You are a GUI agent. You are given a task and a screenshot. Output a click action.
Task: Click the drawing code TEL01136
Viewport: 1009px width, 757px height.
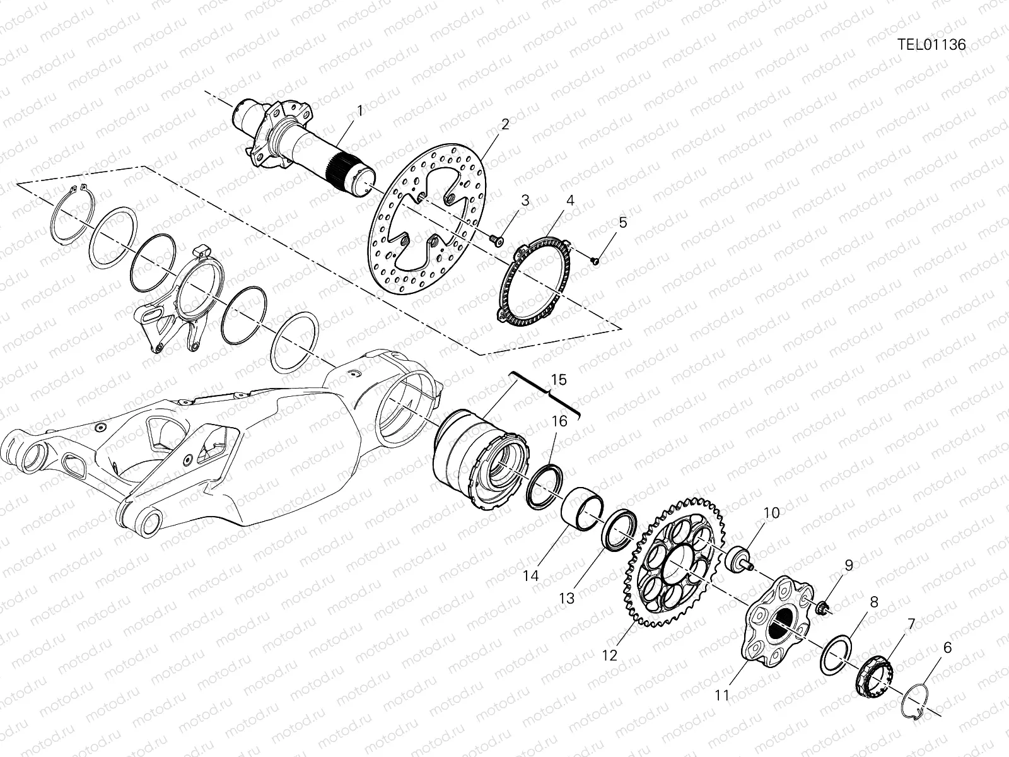point(931,45)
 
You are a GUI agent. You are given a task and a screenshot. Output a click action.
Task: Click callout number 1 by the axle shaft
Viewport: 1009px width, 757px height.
point(360,110)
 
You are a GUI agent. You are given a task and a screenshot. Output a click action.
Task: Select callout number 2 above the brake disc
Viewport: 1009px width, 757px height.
point(504,124)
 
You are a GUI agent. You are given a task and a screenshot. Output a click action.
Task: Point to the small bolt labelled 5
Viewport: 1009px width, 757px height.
point(596,260)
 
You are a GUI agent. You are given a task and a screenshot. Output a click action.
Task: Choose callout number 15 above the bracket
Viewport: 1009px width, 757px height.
point(559,380)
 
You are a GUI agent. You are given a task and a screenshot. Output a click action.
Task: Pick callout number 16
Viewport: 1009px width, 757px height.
point(559,421)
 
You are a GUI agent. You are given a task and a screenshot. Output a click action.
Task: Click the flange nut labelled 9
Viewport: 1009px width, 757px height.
point(822,608)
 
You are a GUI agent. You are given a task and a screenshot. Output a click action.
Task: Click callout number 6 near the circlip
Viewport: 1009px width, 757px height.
point(947,647)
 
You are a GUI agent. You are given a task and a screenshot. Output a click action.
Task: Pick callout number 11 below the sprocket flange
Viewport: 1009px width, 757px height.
point(722,695)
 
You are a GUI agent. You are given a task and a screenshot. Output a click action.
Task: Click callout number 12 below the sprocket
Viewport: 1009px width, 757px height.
point(609,655)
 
